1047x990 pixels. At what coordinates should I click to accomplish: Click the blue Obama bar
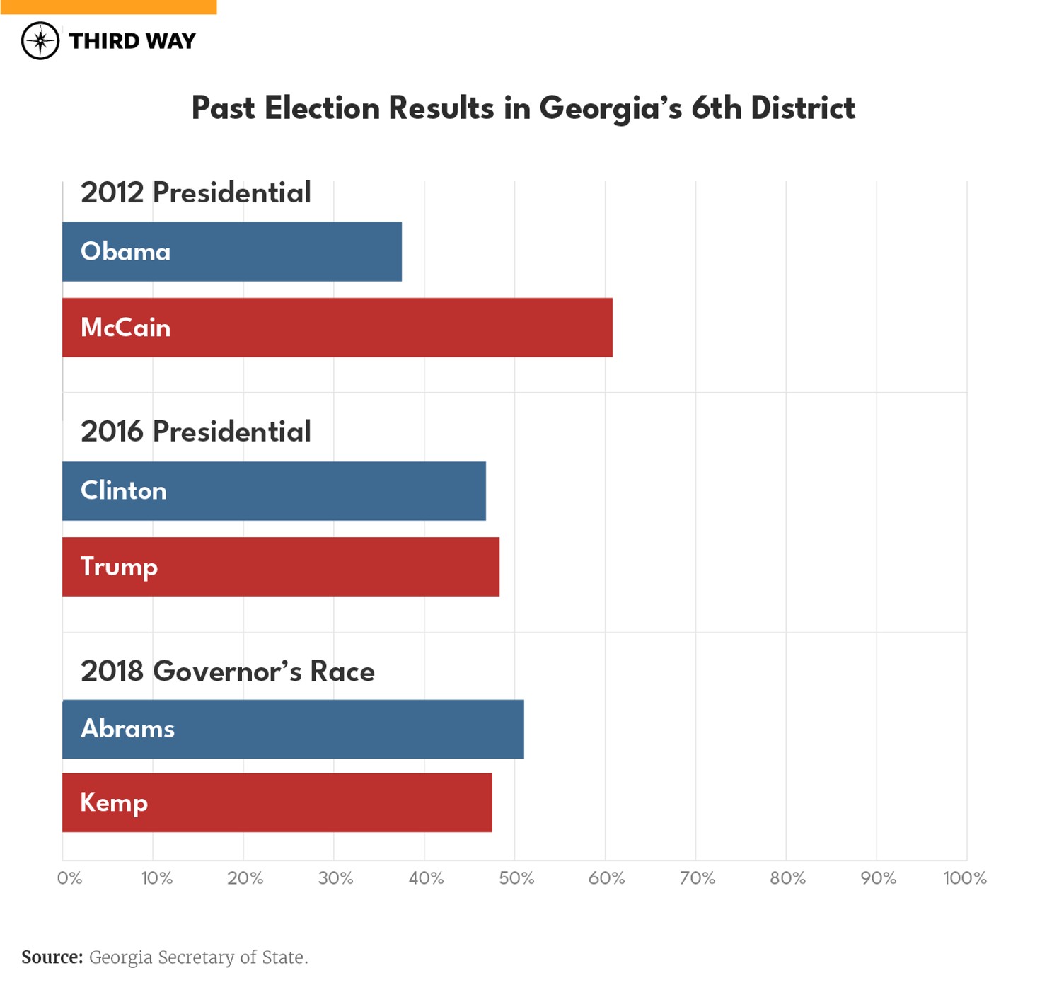(232, 252)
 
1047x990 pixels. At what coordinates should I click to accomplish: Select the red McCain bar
(337, 328)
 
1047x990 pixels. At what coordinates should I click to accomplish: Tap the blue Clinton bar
(274, 491)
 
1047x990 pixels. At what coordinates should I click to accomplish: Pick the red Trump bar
(281, 567)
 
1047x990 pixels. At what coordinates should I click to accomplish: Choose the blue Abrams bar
(293, 730)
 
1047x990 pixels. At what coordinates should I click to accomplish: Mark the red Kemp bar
(277, 803)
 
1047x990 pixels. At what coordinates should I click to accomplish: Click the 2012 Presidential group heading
(196, 193)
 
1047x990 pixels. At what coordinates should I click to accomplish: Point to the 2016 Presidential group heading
(196, 432)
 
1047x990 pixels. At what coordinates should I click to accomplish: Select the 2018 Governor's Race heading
(227, 672)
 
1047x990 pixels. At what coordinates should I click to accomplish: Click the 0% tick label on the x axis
(69, 878)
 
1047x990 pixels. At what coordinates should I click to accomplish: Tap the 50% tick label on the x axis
(516, 878)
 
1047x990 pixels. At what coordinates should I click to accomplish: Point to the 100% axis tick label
(965, 878)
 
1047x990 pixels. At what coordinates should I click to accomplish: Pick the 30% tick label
(335, 878)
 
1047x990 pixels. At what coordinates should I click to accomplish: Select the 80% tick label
(787, 878)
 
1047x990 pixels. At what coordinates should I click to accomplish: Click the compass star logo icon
(40, 41)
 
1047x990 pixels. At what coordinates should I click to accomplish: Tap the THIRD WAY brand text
(132, 41)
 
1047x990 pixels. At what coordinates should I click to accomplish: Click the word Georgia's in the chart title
(611, 109)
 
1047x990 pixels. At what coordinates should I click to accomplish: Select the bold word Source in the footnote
(52, 957)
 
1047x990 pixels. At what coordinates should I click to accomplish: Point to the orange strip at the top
(108, 7)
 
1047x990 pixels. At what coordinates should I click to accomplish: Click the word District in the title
(802, 109)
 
